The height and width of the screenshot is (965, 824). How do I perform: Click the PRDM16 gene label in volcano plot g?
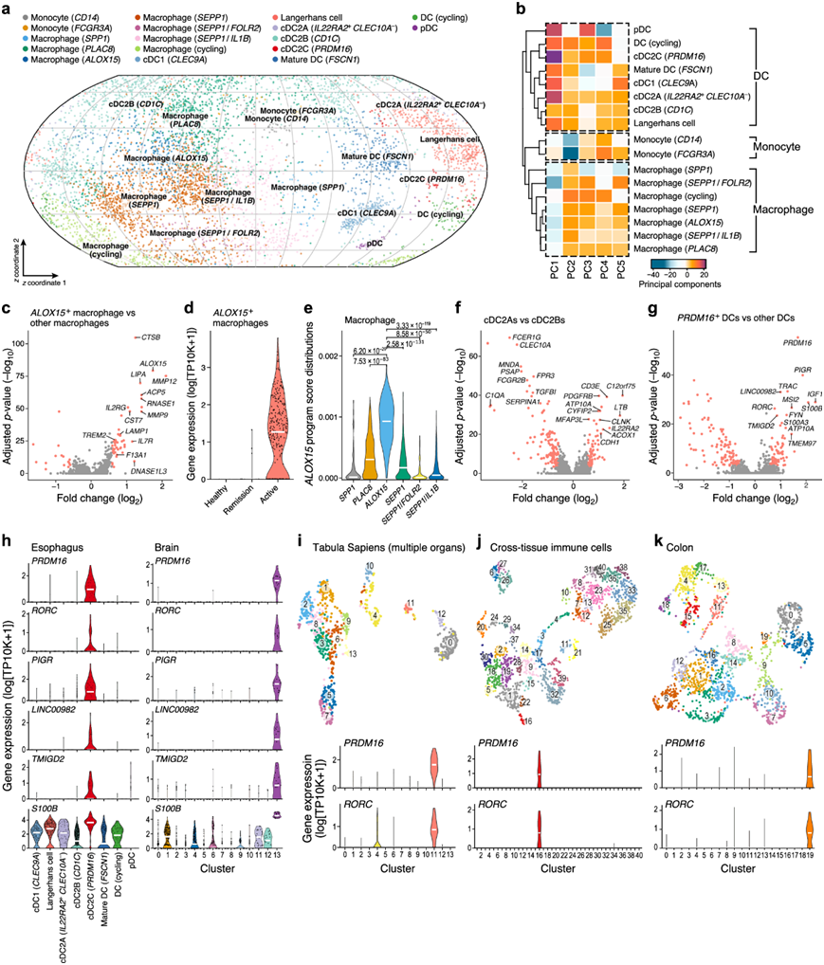click(x=797, y=342)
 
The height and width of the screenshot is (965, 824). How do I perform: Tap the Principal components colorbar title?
click(x=668, y=282)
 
